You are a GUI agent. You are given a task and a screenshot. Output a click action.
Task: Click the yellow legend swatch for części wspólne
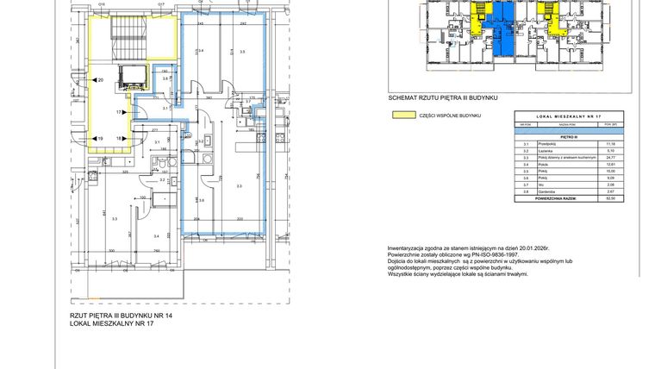(400, 114)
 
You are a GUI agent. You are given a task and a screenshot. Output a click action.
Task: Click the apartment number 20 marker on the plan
(101, 80)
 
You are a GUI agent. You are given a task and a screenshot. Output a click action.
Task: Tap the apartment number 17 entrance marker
(120, 112)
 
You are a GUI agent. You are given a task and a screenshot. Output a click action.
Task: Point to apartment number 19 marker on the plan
(101, 138)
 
